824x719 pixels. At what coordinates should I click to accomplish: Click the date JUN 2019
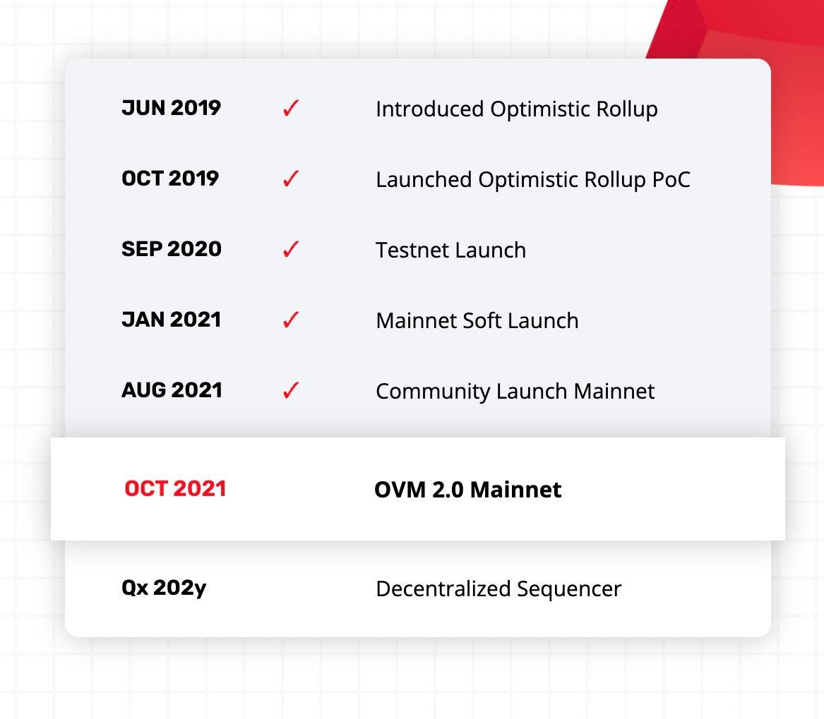172,108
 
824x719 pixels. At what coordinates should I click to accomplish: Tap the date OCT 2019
170,179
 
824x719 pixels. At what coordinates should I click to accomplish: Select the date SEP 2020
172,249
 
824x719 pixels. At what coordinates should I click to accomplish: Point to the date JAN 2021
172,320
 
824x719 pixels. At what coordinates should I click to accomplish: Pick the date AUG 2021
172,390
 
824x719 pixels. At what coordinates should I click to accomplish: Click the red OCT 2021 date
175,489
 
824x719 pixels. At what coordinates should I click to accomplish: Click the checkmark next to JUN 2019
291,108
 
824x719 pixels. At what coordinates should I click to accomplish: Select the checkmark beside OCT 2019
291,179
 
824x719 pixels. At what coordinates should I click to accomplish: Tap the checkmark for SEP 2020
291,249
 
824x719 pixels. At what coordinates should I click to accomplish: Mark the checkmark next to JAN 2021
291,320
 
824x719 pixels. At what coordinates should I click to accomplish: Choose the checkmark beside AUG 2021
291,390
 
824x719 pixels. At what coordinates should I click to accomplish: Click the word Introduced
430,109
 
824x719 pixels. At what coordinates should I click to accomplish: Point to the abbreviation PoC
671,180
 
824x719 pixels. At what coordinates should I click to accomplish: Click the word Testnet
412,250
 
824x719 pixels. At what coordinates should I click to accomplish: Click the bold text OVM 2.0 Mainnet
467,490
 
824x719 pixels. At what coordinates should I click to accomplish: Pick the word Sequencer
569,589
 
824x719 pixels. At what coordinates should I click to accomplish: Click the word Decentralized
443,588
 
